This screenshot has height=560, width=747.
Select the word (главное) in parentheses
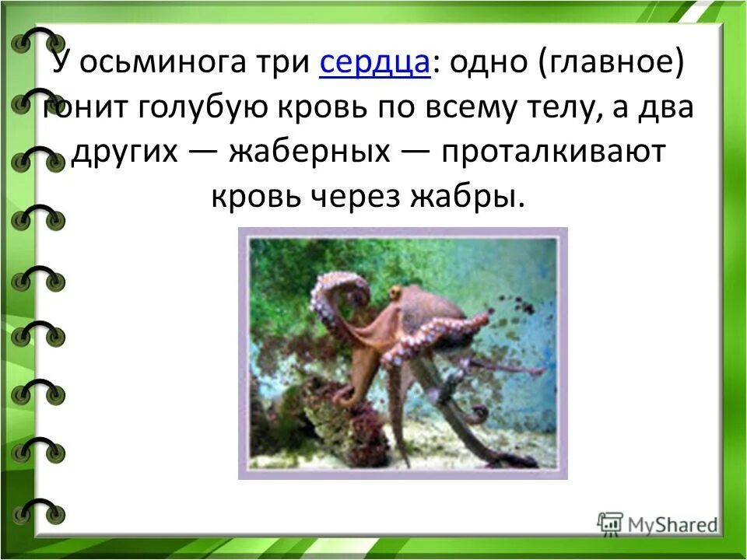tap(609, 64)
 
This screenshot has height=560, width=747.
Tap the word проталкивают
tap(554, 152)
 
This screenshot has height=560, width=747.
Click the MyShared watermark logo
tap(658, 523)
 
